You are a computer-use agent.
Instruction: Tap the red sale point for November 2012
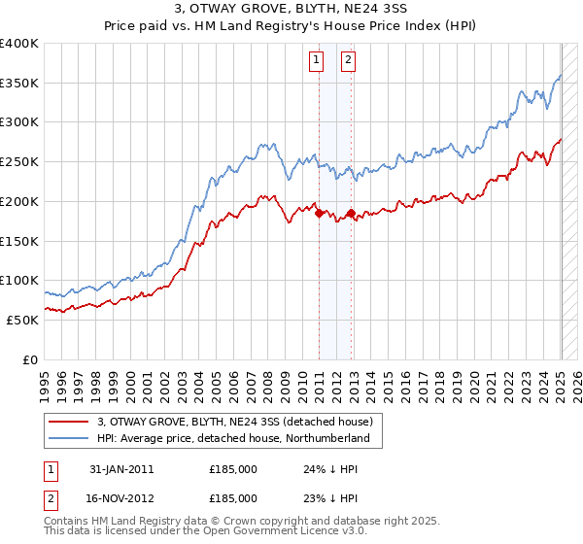(x=350, y=212)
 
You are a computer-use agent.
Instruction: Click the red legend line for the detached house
(x=68, y=423)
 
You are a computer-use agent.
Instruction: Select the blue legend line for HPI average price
(x=68, y=439)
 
